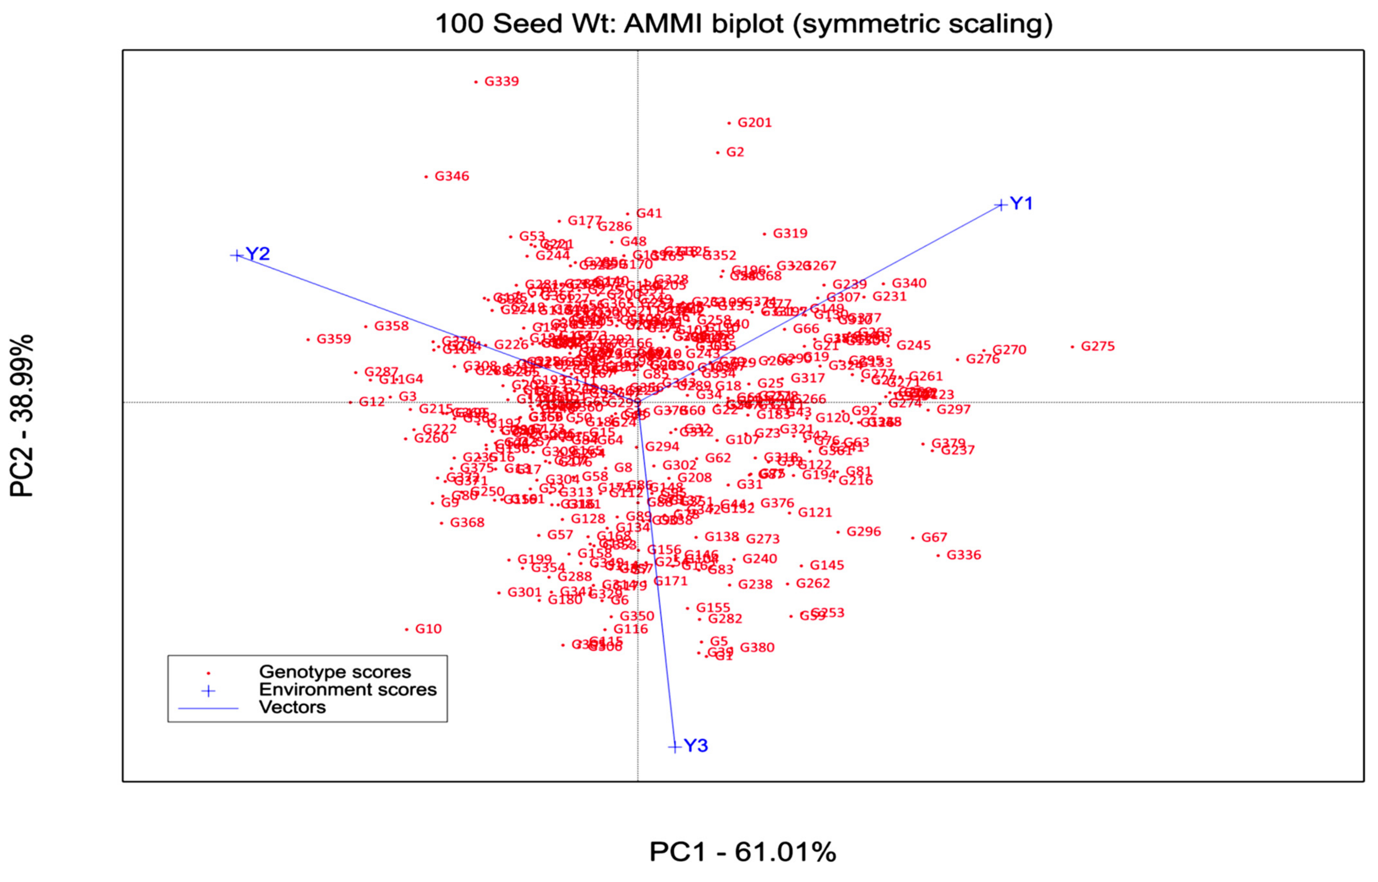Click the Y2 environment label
point(257,254)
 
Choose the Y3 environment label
point(696,746)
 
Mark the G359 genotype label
point(334,339)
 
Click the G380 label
point(757,648)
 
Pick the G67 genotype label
point(934,537)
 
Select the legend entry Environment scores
point(348,690)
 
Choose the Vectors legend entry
point(292,707)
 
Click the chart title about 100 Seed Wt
point(744,24)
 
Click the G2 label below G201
point(735,153)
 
